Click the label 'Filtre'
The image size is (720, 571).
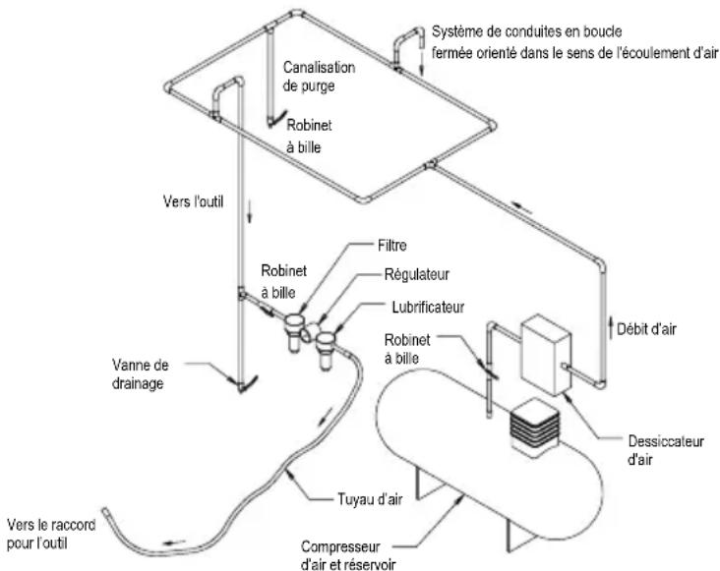pyautogui.click(x=391, y=246)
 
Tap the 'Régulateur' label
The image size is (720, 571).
pyautogui.click(x=416, y=275)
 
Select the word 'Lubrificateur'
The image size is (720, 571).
pyautogui.click(x=428, y=307)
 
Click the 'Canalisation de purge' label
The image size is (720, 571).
pyautogui.click(x=319, y=77)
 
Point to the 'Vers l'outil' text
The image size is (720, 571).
pyautogui.click(x=193, y=201)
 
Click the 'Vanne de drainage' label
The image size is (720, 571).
pyautogui.click(x=140, y=374)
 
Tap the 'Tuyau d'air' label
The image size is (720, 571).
pyautogui.click(x=370, y=499)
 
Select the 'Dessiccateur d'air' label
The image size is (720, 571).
pyautogui.click(x=665, y=450)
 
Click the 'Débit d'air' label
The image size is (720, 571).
pyautogui.click(x=646, y=329)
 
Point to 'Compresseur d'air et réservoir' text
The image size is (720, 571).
pyautogui.click(x=348, y=556)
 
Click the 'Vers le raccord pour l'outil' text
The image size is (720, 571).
pyautogui.click(x=51, y=534)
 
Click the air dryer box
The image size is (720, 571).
pyautogui.click(x=546, y=354)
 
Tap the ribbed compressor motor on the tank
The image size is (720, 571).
pyautogui.click(x=534, y=428)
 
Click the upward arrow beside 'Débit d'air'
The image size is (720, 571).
pyautogui.click(x=611, y=327)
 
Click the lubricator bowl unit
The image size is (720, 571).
pyautogui.click(x=326, y=350)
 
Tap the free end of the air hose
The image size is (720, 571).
pyautogui.click(x=105, y=510)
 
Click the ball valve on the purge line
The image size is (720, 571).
pyautogui.click(x=276, y=119)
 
